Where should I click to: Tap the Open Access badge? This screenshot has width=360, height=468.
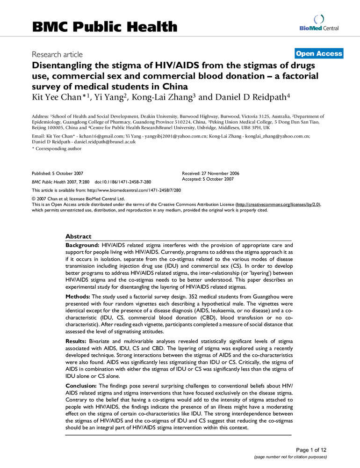[x=319, y=54]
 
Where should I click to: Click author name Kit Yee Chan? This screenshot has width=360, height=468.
[x=51, y=99]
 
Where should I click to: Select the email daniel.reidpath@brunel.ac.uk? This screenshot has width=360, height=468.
[x=103, y=142]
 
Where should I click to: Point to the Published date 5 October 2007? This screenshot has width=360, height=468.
[x=58, y=173]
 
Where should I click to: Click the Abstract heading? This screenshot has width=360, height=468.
[x=78, y=236]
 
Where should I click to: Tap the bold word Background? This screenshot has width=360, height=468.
[x=81, y=245]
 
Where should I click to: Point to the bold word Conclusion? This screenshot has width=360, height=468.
[x=80, y=385]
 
